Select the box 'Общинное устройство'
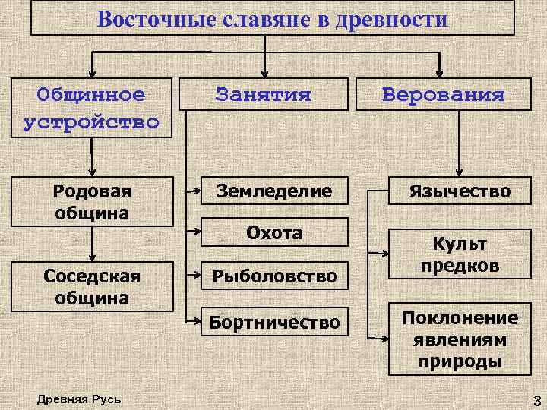click(91, 108)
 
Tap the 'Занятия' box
click(264, 95)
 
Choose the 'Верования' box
click(443, 95)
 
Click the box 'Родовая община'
click(92, 202)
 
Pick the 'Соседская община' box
click(92, 286)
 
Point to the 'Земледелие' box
click(273, 191)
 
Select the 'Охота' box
click(273, 232)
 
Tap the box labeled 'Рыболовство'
click(273, 276)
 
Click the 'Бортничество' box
click(273, 323)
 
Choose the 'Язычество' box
click(460, 191)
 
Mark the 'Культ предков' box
click(460, 254)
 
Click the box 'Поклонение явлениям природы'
click(460, 339)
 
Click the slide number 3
click(536, 400)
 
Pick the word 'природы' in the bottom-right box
click(460, 361)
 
